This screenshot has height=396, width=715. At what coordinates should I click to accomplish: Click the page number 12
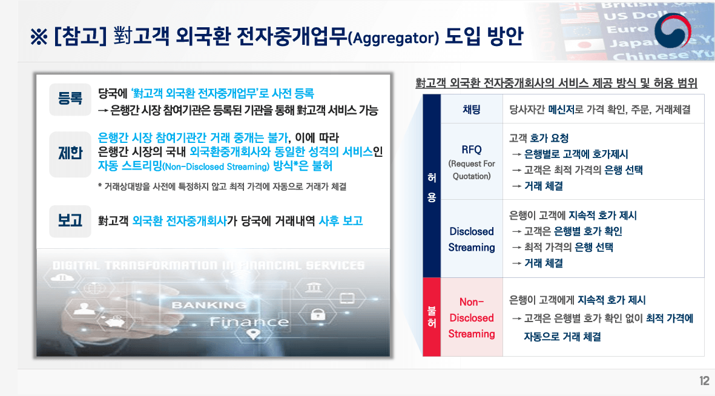tap(703, 381)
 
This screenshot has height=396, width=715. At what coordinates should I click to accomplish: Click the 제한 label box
tap(70, 154)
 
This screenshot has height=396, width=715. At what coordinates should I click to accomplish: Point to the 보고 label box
tap(70, 220)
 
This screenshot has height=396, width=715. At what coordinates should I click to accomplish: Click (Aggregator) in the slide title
tap(394, 38)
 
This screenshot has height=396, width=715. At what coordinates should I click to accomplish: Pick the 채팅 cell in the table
tap(471, 110)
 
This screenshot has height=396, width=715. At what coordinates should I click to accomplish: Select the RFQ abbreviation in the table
tap(471, 150)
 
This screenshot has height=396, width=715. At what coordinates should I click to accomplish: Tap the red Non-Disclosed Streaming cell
tap(471, 317)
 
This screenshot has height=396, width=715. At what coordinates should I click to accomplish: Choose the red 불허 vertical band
tap(432, 317)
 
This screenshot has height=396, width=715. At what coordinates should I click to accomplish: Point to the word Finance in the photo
tap(249, 322)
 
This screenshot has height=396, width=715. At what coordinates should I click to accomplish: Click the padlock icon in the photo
tap(317, 314)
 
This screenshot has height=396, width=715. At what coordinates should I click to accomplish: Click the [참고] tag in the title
tap(80, 36)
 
